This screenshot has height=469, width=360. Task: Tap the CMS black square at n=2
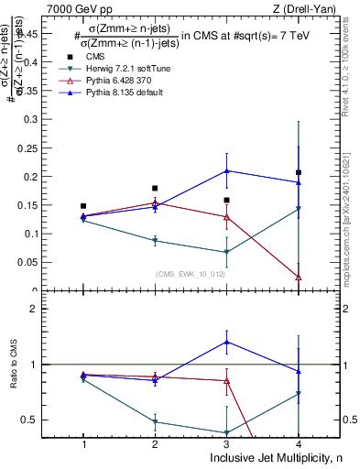tap(155, 188)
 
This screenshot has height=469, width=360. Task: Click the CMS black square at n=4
tap(299, 172)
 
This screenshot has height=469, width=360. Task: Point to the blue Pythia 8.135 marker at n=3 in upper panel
tap(226, 170)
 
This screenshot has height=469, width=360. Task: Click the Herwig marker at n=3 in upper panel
tap(226, 252)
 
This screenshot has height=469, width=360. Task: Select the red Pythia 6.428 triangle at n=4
tap(299, 277)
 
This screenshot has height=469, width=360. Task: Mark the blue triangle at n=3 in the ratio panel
tap(226, 342)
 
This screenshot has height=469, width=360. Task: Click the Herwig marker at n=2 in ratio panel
tap(155, 421)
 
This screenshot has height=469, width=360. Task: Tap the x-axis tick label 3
tap(226, 444)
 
